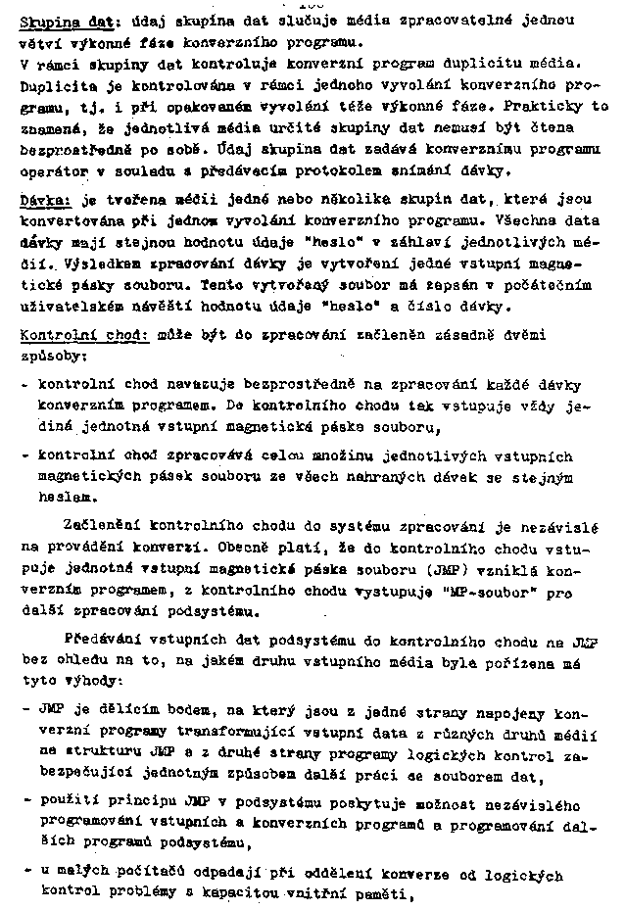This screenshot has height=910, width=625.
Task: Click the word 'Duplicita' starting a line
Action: click(x=54, y=87)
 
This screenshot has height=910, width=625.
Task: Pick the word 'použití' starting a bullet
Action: click(x=66, y=801)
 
